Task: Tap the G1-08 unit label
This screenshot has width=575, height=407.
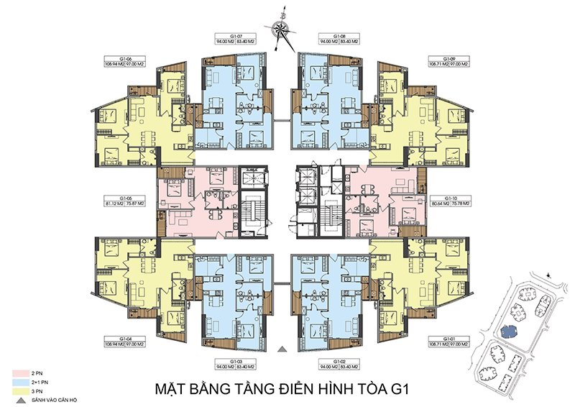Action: coord(340,36)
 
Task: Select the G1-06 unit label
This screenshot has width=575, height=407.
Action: coord(116,59)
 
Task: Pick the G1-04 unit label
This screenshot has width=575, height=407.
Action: coord(116,337)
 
